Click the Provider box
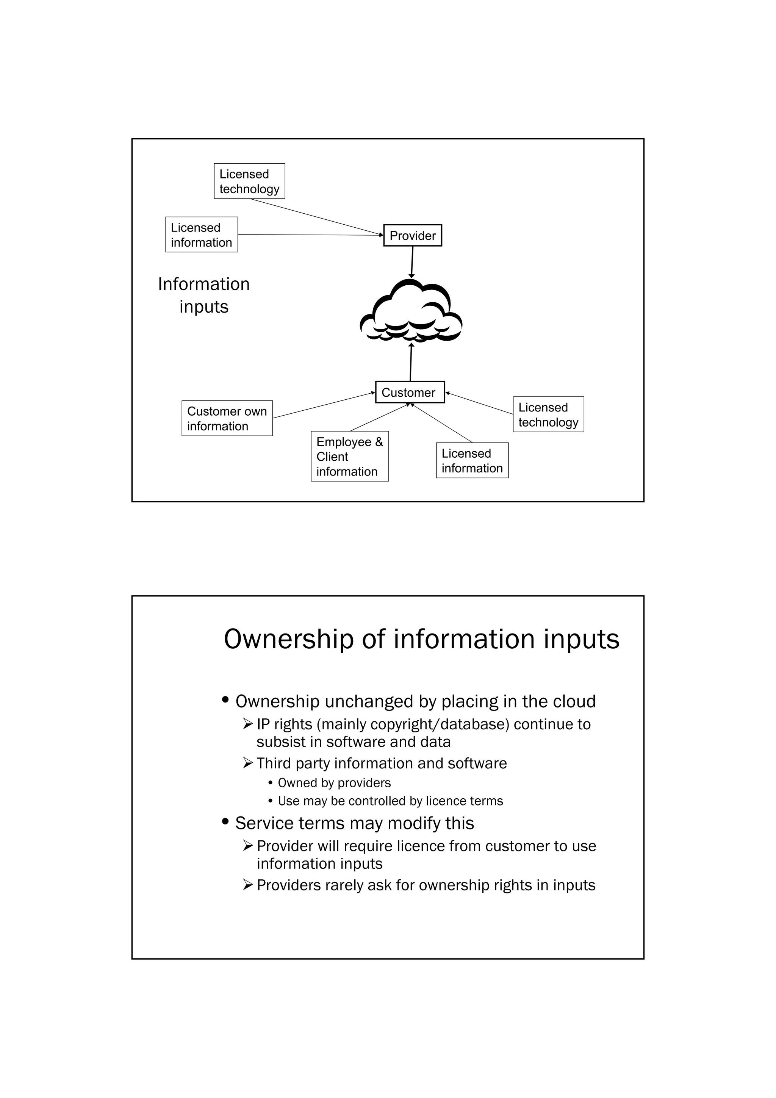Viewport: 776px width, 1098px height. (x=412, y=235)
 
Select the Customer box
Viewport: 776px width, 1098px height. (x=410, y=392)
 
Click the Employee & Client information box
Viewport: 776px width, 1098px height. (x=349, y=456)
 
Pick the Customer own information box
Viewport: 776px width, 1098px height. (x=227, y=418)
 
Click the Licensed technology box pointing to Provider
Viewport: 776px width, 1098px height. (x=249, y=181)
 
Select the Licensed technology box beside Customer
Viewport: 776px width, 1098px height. (x=548, y=414)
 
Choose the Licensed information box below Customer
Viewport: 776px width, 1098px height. (x=472, y=460)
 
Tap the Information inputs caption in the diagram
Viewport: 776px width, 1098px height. (x=204, y=295)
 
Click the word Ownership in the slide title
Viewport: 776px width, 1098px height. (x=289, y=640)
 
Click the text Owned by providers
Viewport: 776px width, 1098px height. (x=334, y=783)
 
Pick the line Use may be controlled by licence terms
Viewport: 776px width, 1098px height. (x=390, y=801)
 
